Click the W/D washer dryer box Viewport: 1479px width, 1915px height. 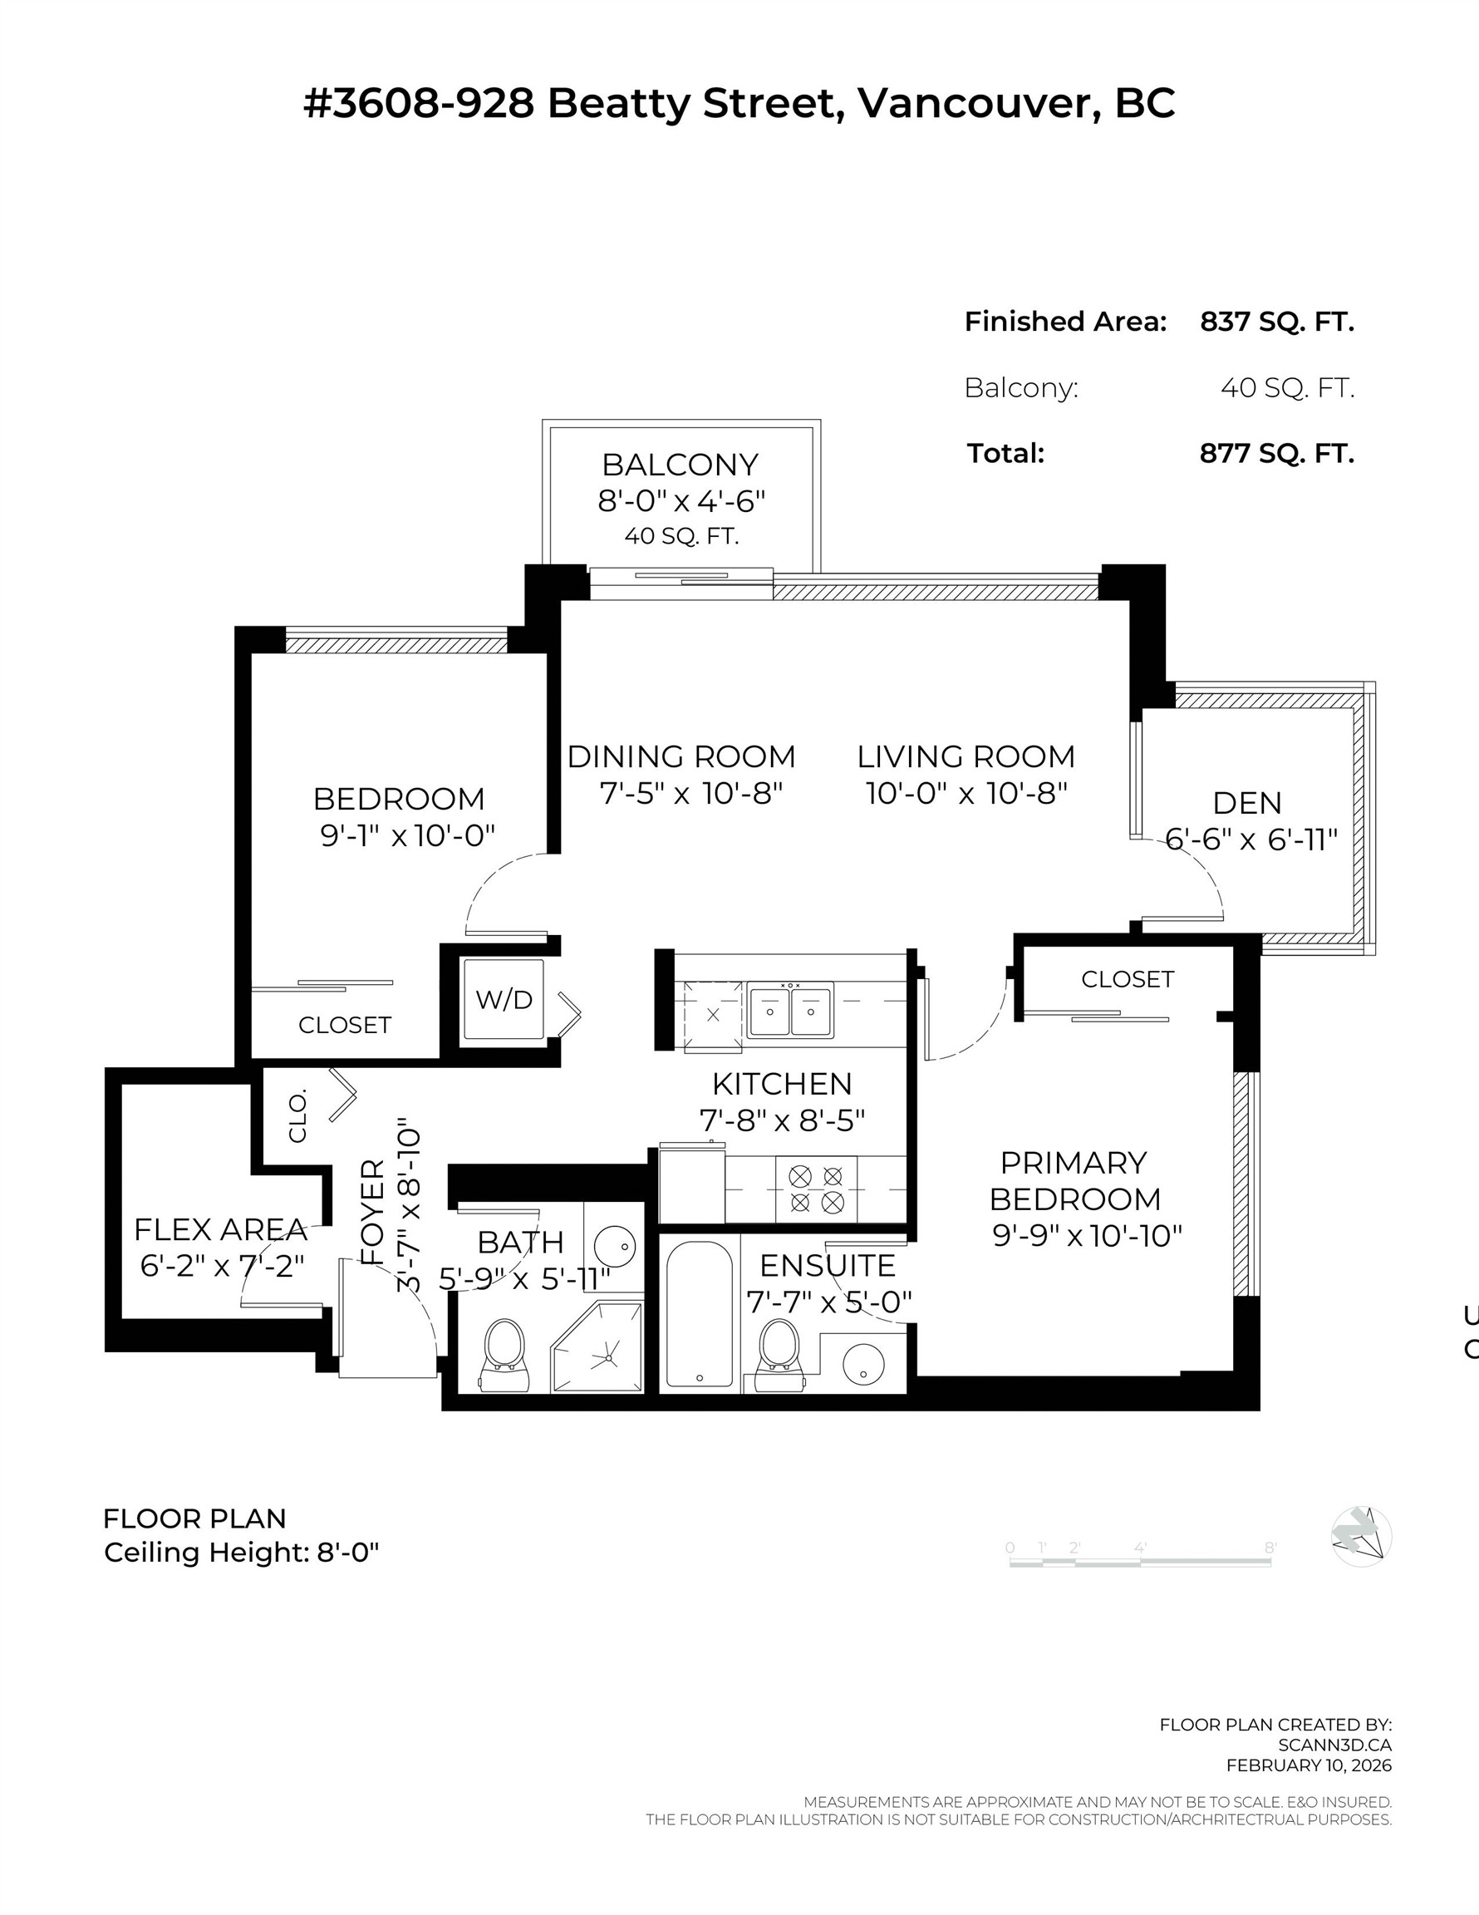[x=504, y=1000]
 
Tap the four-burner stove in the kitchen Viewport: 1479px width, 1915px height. [x=816, y=1189]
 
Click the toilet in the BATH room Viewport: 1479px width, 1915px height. [x=504, y=1356]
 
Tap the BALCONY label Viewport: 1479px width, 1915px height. [x=681, y=465]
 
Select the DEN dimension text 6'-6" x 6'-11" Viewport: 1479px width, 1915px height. [x=1251, y=840]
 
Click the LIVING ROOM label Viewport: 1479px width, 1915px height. [x=966, y=756]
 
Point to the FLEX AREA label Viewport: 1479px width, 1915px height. [x=220, y=1229]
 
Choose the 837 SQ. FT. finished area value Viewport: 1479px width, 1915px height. [x=1276, y=322]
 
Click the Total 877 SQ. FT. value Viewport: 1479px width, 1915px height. [x=1276, y=453]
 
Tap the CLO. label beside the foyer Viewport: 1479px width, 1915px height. [x=298, y=1115]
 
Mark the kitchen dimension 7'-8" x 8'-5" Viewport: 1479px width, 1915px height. [x=782, y=1120]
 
